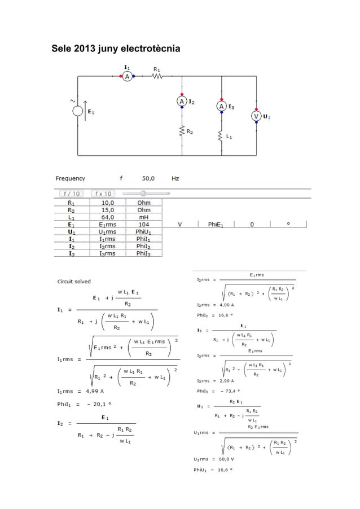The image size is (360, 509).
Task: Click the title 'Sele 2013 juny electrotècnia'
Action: pos(116,50)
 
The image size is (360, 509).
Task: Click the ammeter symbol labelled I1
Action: pos(128,76)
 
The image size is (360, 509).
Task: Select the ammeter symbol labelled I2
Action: pos(182,101)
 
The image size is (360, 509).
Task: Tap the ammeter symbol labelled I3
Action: pos(222,106)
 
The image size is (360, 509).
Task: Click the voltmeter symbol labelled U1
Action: pos(257,116)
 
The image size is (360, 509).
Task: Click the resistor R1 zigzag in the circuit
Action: pos(156,77)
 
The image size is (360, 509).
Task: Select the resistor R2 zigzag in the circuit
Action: pos(182,132)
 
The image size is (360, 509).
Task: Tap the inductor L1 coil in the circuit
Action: pos(222,137)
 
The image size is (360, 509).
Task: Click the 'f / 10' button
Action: pos(71,194)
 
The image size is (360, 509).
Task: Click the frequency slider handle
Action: pos(143,193)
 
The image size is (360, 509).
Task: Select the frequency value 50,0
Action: pos(148,178)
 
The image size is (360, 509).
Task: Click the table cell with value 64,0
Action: pos(108,216)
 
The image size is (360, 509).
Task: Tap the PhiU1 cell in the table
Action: pos(144,231)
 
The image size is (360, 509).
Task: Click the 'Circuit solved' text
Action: pos(73,281)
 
